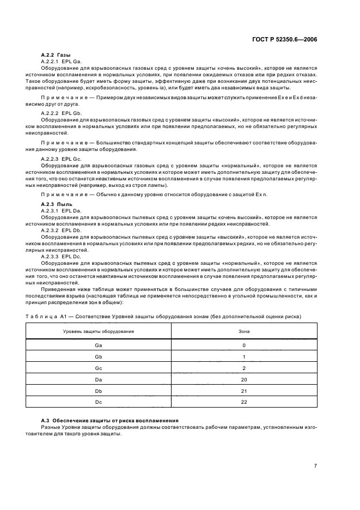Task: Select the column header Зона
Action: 244,331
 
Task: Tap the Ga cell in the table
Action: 98,345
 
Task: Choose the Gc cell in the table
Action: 98,368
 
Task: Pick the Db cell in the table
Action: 98,391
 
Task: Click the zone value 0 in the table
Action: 244,345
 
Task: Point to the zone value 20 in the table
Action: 244,379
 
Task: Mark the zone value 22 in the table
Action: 244,402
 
